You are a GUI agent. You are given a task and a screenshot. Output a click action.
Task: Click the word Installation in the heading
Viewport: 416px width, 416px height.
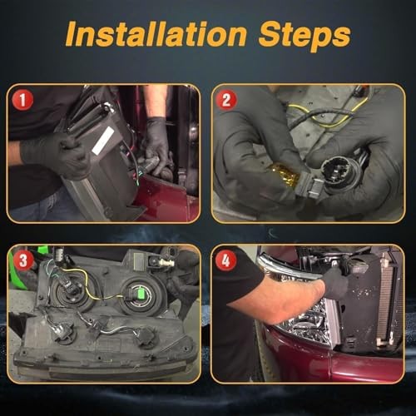[x=156, y=35]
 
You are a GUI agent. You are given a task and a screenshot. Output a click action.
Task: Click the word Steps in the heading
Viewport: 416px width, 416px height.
[x=305, y=37]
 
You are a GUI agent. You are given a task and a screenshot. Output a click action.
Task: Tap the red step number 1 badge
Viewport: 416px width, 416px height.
[x=22, y=100]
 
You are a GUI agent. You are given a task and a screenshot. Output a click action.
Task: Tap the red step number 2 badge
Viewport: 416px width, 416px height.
[x=226, y=100]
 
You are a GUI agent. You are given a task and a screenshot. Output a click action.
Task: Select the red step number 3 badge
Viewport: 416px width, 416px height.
[x=22, y=260]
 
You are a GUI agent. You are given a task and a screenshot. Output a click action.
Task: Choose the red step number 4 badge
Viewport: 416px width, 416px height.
[x=226, y=260]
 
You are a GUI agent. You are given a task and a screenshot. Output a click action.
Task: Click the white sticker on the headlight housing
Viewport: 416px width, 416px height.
[x=103, y=141]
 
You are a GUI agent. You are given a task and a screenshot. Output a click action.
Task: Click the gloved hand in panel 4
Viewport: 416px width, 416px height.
[x=336, y=282]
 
